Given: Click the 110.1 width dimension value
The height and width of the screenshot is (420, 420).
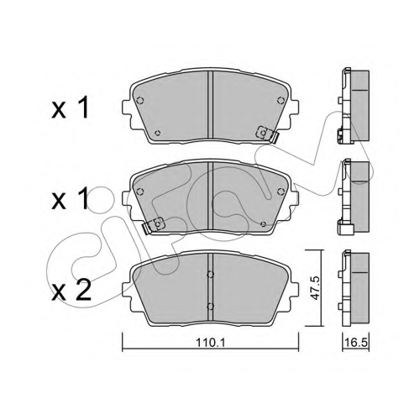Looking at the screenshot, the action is coord(210,343).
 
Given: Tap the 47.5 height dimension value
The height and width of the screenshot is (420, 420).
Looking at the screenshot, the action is coord(316,287).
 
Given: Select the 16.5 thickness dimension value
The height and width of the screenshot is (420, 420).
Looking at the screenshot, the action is coord(356,343).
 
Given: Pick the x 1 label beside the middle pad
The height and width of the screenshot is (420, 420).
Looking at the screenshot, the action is coord(70,198).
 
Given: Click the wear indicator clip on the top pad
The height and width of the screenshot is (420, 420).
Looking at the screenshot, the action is coord(266,134).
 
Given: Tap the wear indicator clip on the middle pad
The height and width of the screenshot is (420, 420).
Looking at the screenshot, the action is coord(155,224).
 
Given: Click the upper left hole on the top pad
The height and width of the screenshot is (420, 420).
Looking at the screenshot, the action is coord(140,100).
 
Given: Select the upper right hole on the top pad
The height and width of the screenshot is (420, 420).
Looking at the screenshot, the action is coord(280,100).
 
